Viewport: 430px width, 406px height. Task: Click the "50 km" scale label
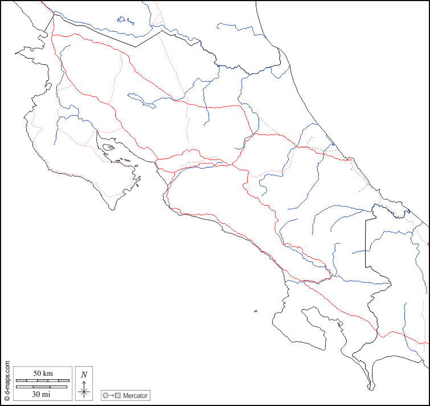coord(43,374)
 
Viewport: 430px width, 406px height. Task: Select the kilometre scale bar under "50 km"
coord(43,380)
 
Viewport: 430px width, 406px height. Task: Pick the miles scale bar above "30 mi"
coord(42,387)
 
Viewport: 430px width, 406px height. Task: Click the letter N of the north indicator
coord(84,375)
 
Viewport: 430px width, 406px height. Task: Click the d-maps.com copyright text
coord(7,381)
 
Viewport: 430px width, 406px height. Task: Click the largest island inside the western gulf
coord(108,149)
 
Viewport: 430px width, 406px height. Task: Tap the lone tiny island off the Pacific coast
coord(256,311)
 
